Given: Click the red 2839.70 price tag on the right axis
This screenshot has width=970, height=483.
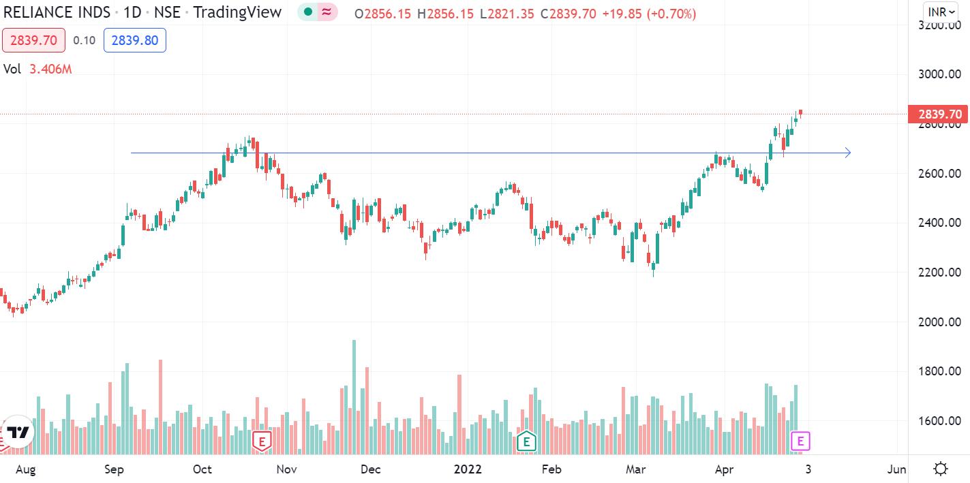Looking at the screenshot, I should coord(939,114).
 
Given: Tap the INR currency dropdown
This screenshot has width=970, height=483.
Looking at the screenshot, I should coord(941,12).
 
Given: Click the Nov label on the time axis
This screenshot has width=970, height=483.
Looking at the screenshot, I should coord(287,469).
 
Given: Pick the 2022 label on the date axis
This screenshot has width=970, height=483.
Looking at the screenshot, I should coord(468,469).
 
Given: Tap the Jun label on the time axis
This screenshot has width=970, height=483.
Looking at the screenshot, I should coord(896,469).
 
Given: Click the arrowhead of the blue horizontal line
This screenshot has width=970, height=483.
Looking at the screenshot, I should coord(847,153).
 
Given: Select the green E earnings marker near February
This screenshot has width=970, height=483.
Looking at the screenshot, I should coord(526,441).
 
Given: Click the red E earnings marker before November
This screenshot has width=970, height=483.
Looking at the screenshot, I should coord(262,441).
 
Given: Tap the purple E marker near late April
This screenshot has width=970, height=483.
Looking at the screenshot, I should coord(800,441).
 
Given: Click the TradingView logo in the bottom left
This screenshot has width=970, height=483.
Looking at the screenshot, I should coord(18,433).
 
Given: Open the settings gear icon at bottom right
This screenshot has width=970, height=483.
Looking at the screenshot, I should coord(941,469).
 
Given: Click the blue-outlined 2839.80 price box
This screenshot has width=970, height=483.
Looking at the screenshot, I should coord(135,41).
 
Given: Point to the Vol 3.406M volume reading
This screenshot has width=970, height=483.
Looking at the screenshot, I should coord(37,69).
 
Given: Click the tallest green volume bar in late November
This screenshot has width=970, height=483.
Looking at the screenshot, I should coord(354,395).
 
